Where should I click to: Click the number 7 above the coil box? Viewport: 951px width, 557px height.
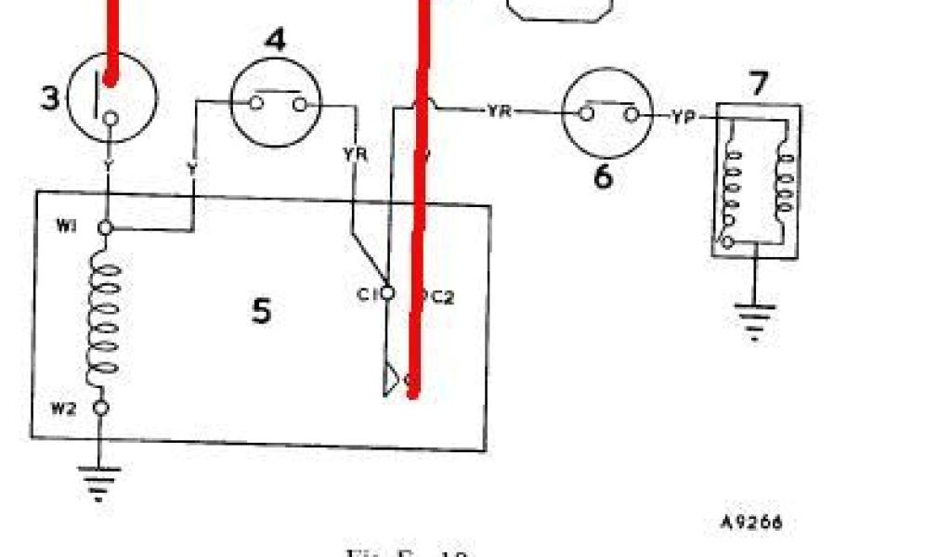tap(759, 84)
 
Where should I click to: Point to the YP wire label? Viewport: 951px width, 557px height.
tap(684, 116)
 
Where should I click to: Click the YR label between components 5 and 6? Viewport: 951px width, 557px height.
tap(498, 111)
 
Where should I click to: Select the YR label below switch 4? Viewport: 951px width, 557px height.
tap(356, 154)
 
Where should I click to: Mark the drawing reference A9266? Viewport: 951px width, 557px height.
tap(750, 522)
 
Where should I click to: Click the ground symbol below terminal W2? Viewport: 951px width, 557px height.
tap(102, 479)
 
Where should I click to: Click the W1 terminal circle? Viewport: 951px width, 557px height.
tap(107, 227)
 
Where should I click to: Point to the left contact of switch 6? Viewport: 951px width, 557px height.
tap(587, 114)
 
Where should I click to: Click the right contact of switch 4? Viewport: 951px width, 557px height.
tap(299, 104)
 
